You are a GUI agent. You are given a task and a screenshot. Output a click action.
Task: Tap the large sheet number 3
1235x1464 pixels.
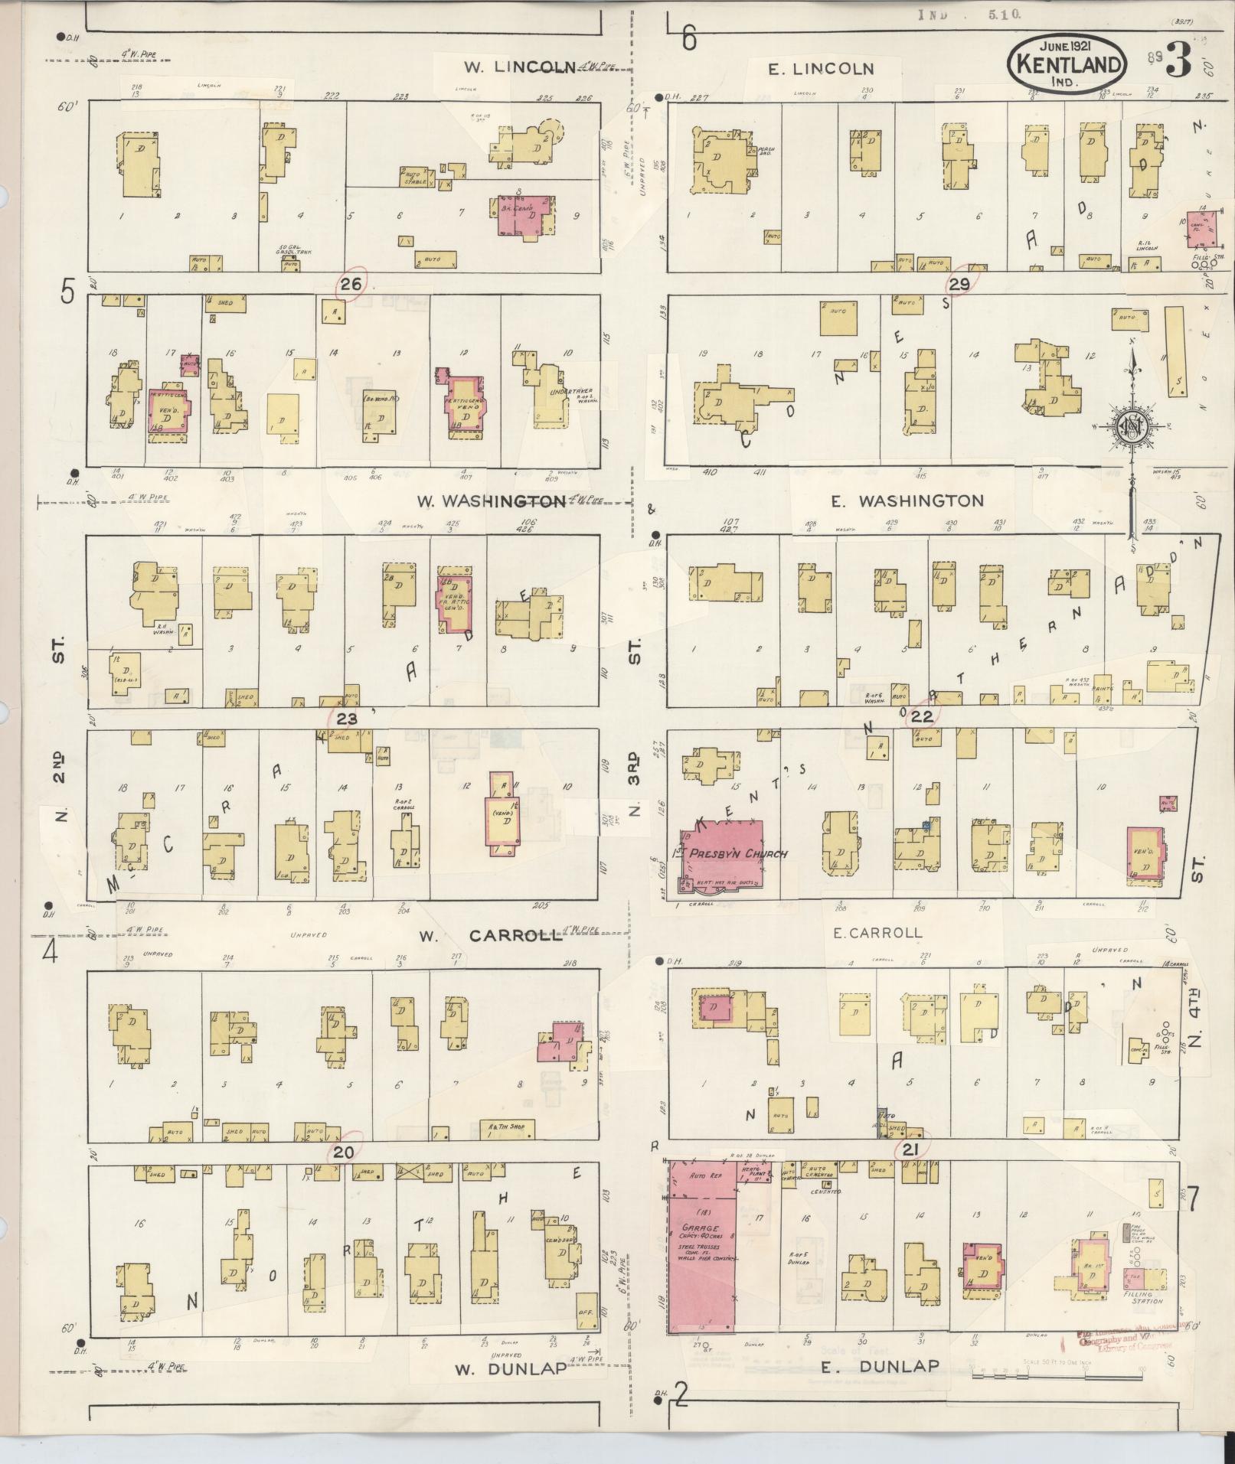1178,64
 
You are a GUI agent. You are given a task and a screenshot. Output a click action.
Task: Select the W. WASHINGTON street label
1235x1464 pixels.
491,501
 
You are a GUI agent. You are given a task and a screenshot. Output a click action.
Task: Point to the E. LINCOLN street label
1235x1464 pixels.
822,69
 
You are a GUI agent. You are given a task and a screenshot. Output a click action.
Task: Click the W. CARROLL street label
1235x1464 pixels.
494,935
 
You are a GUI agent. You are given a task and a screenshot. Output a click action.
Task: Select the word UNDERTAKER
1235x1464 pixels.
570,390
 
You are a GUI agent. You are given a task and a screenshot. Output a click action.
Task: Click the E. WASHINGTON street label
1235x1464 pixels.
907,501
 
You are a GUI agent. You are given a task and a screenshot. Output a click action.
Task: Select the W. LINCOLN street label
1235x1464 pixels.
518,67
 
